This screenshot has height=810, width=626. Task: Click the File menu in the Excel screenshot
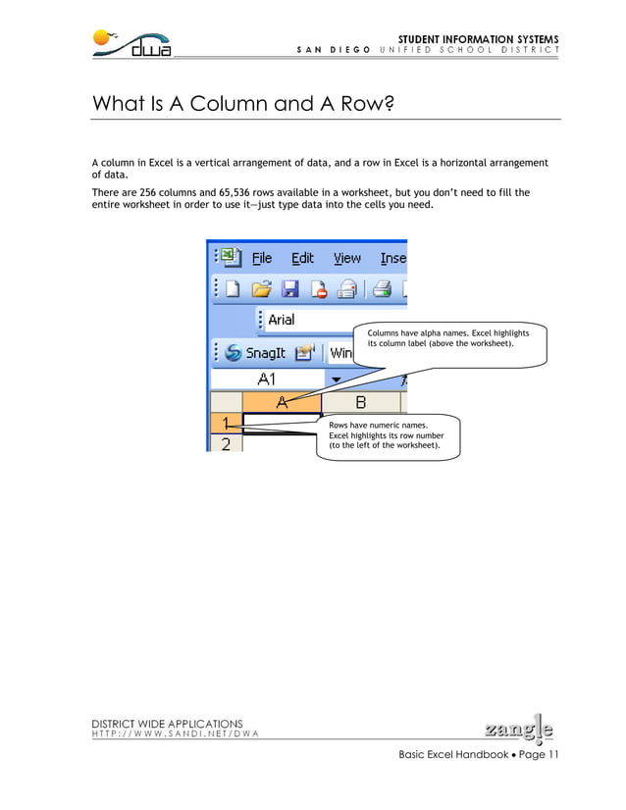[x=261, y=258]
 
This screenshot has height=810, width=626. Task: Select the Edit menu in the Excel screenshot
[x=302, y=258]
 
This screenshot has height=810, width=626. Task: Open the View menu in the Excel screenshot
[x=346, y=258]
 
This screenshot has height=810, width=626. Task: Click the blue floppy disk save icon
[x=289, y=288]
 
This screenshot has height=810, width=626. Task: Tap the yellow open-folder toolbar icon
[x=261, y=288]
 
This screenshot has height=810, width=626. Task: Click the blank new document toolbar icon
[x=233, y=288]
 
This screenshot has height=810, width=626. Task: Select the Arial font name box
[x=304, y=320]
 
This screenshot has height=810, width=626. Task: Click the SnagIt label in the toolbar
[x=265, y=352]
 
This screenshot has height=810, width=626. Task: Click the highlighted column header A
[x=282, y=401]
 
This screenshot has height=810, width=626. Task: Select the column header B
[x=360, y=401]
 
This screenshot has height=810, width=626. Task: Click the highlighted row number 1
[x=226, y=423]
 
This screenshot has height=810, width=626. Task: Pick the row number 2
[x=226, y=443]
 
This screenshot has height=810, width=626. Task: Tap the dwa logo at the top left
[x=133, y=44]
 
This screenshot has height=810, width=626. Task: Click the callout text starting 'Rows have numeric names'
[x=386, y=435]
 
